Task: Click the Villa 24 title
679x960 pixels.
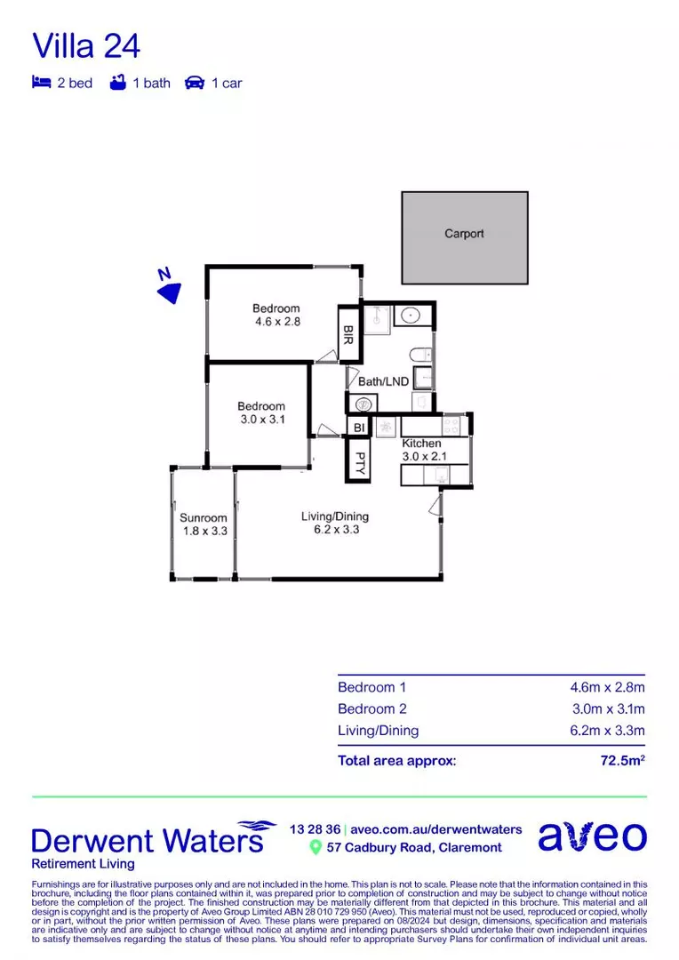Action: tap(86, 45)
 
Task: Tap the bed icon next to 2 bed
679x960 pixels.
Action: tap(41, 83)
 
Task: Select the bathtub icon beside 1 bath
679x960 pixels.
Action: tap(116, 83)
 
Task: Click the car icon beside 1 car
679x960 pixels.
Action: tap(195, 83)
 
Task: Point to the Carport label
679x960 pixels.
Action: tap(464, 234)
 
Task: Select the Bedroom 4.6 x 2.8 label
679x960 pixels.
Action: tap(276, 316)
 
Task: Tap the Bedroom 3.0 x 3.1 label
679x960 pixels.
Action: tap(261, 412)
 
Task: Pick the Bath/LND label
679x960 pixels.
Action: tap(383, 381)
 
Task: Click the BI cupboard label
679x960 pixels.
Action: tap(359, 428)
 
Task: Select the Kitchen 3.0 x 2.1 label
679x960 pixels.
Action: tap(422, 450)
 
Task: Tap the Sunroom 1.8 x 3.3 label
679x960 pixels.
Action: tap(204, 524)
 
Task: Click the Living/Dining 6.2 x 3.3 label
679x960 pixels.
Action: tap(335, 523)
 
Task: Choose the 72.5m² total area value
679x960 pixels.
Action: tap(622, 760)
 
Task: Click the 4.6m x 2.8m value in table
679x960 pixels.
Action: tap(607, 687)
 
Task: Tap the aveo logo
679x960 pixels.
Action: tap(592, 836)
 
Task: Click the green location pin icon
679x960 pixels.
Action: tap(315, 848)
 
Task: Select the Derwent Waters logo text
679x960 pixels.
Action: tap(148, 840)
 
